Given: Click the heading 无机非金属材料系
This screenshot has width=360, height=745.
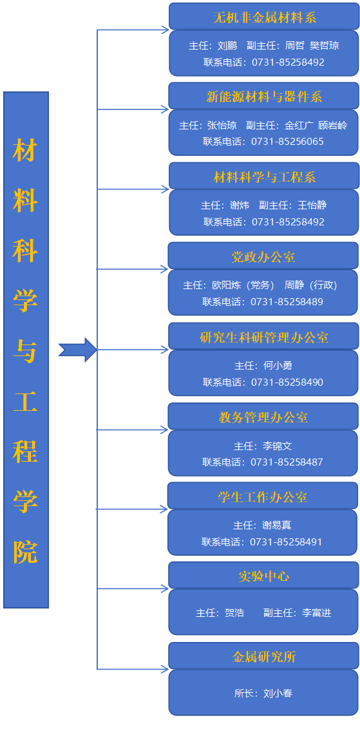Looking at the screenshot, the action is coord(265,18).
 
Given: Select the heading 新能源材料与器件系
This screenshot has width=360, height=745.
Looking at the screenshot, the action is coord(264,97).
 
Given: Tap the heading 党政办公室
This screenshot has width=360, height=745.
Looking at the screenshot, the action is coord(263,257).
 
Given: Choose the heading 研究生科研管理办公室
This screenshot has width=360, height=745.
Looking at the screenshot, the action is coord(264,337).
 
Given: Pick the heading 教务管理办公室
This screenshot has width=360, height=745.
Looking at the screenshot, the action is coord(263,417).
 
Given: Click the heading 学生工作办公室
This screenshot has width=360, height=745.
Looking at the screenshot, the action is coord(263,497).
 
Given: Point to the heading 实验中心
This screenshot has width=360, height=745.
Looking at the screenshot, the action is coord(263,576).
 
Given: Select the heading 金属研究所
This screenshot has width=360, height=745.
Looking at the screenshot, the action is coord(263,657).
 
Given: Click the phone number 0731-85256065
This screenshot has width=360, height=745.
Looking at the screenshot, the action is coord(287,142).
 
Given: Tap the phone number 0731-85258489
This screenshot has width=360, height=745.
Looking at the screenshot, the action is coord(287,302).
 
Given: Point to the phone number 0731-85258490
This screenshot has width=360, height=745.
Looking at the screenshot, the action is coord(287,382).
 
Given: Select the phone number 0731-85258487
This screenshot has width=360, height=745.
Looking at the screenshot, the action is coord(287,462).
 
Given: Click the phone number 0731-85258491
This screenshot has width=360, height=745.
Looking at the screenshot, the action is coord(286,542).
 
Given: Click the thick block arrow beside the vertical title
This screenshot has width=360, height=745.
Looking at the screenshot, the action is coord(78,350).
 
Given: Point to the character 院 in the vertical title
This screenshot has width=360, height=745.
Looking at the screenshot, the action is coord(25,552).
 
